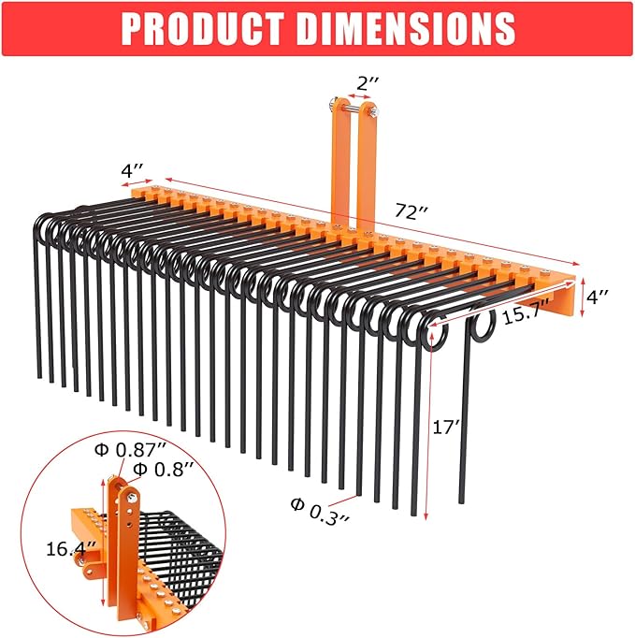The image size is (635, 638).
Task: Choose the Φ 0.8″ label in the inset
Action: pos(164,468)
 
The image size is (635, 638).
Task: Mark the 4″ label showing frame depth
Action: pos(131,171)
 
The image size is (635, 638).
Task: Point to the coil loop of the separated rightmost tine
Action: pos(483,327)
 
